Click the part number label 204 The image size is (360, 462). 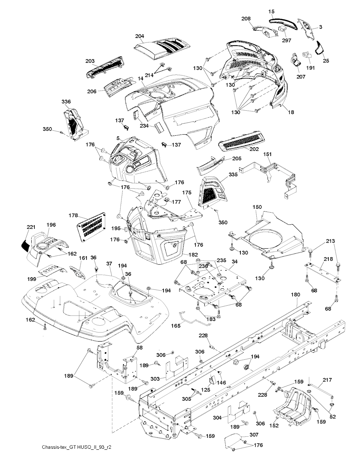(x=139, y=36)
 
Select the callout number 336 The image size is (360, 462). (x=66, y=102)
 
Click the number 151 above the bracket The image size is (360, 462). (x=268, y=154)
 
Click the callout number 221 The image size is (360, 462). (x=31, y=227)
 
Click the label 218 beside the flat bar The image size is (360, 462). (x=328, y=259)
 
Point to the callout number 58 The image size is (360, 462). (x=140, y=347)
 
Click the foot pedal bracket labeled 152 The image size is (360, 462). (x=292, y=404)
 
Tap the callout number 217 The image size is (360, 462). (x=327, y=380)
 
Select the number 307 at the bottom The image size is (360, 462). (x=254, y=435)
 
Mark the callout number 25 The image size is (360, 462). (x=326, y=61)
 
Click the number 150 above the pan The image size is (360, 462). (x=257, y=207)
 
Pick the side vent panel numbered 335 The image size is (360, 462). (x=212, y=190)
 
